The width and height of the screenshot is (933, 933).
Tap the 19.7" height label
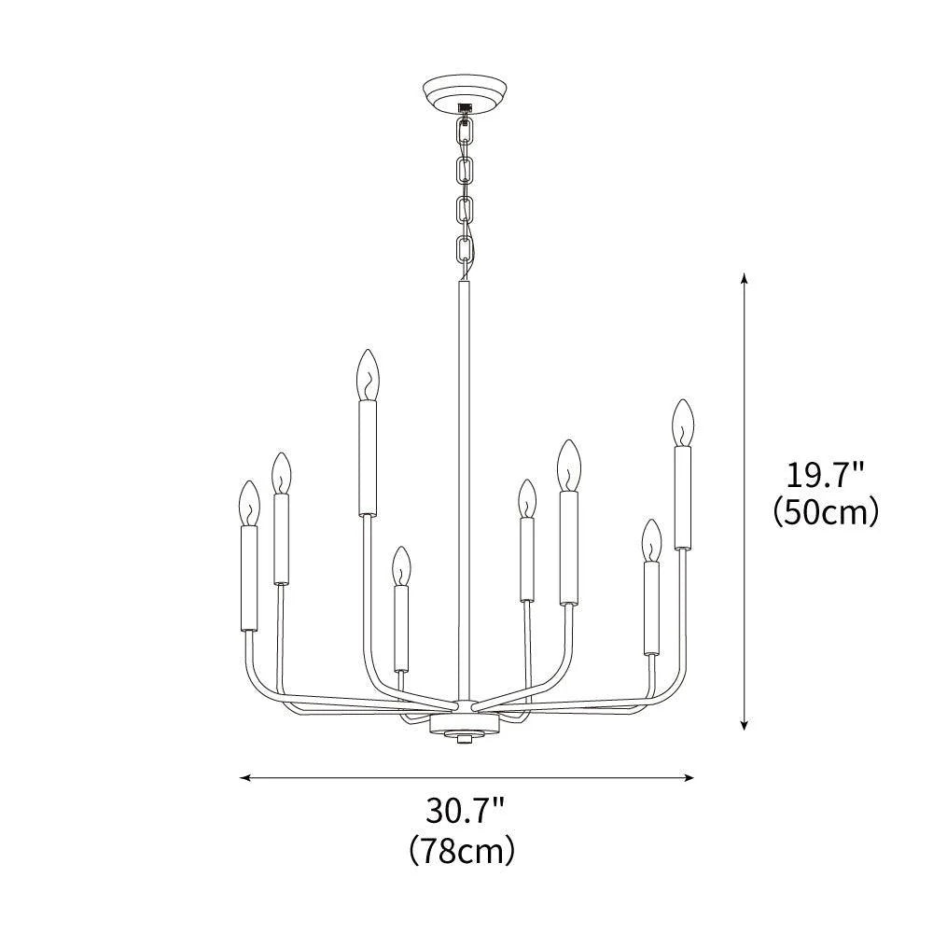point(826,477)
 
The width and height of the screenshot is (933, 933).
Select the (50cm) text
point(826,512)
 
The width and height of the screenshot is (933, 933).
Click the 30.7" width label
point(466,810)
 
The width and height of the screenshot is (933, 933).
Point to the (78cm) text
point(463,848)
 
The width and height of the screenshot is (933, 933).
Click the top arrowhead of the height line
point(744,278)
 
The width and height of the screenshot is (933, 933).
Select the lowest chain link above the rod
point(464,250)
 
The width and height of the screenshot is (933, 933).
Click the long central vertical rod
point(463,485)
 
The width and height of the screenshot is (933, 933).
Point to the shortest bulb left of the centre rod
point(401,565)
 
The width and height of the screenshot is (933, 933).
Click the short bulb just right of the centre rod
point(527,498)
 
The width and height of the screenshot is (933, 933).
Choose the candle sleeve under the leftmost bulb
point(248,578)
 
